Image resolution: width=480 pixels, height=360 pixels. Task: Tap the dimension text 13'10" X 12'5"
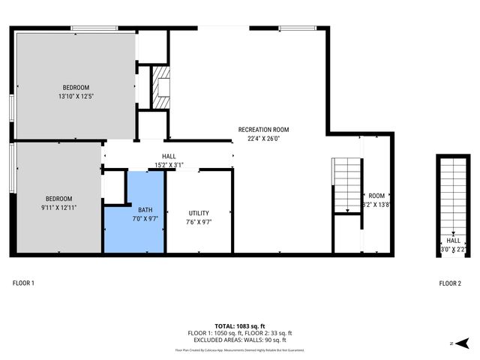coord(76,96)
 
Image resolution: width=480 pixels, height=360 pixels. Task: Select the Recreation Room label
coord(263,130)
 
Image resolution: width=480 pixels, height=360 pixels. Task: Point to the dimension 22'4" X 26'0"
coord(263,139)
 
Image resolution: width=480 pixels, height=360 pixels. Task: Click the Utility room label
coord(199,213)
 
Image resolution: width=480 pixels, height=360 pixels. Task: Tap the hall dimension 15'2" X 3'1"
coord(169,165)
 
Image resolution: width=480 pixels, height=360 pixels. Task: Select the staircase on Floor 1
coord(346,185)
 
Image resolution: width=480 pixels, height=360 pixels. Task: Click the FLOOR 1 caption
coord(23,283)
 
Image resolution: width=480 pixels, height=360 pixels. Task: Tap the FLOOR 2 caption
coord(450,283)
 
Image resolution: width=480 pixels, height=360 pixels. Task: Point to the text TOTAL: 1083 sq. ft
coord(239,325)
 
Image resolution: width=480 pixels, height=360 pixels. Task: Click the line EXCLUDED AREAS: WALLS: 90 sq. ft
coord(239,340)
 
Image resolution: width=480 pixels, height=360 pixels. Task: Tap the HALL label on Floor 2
coord(454,241)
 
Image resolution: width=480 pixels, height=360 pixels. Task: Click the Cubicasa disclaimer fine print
coord(239,349)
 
